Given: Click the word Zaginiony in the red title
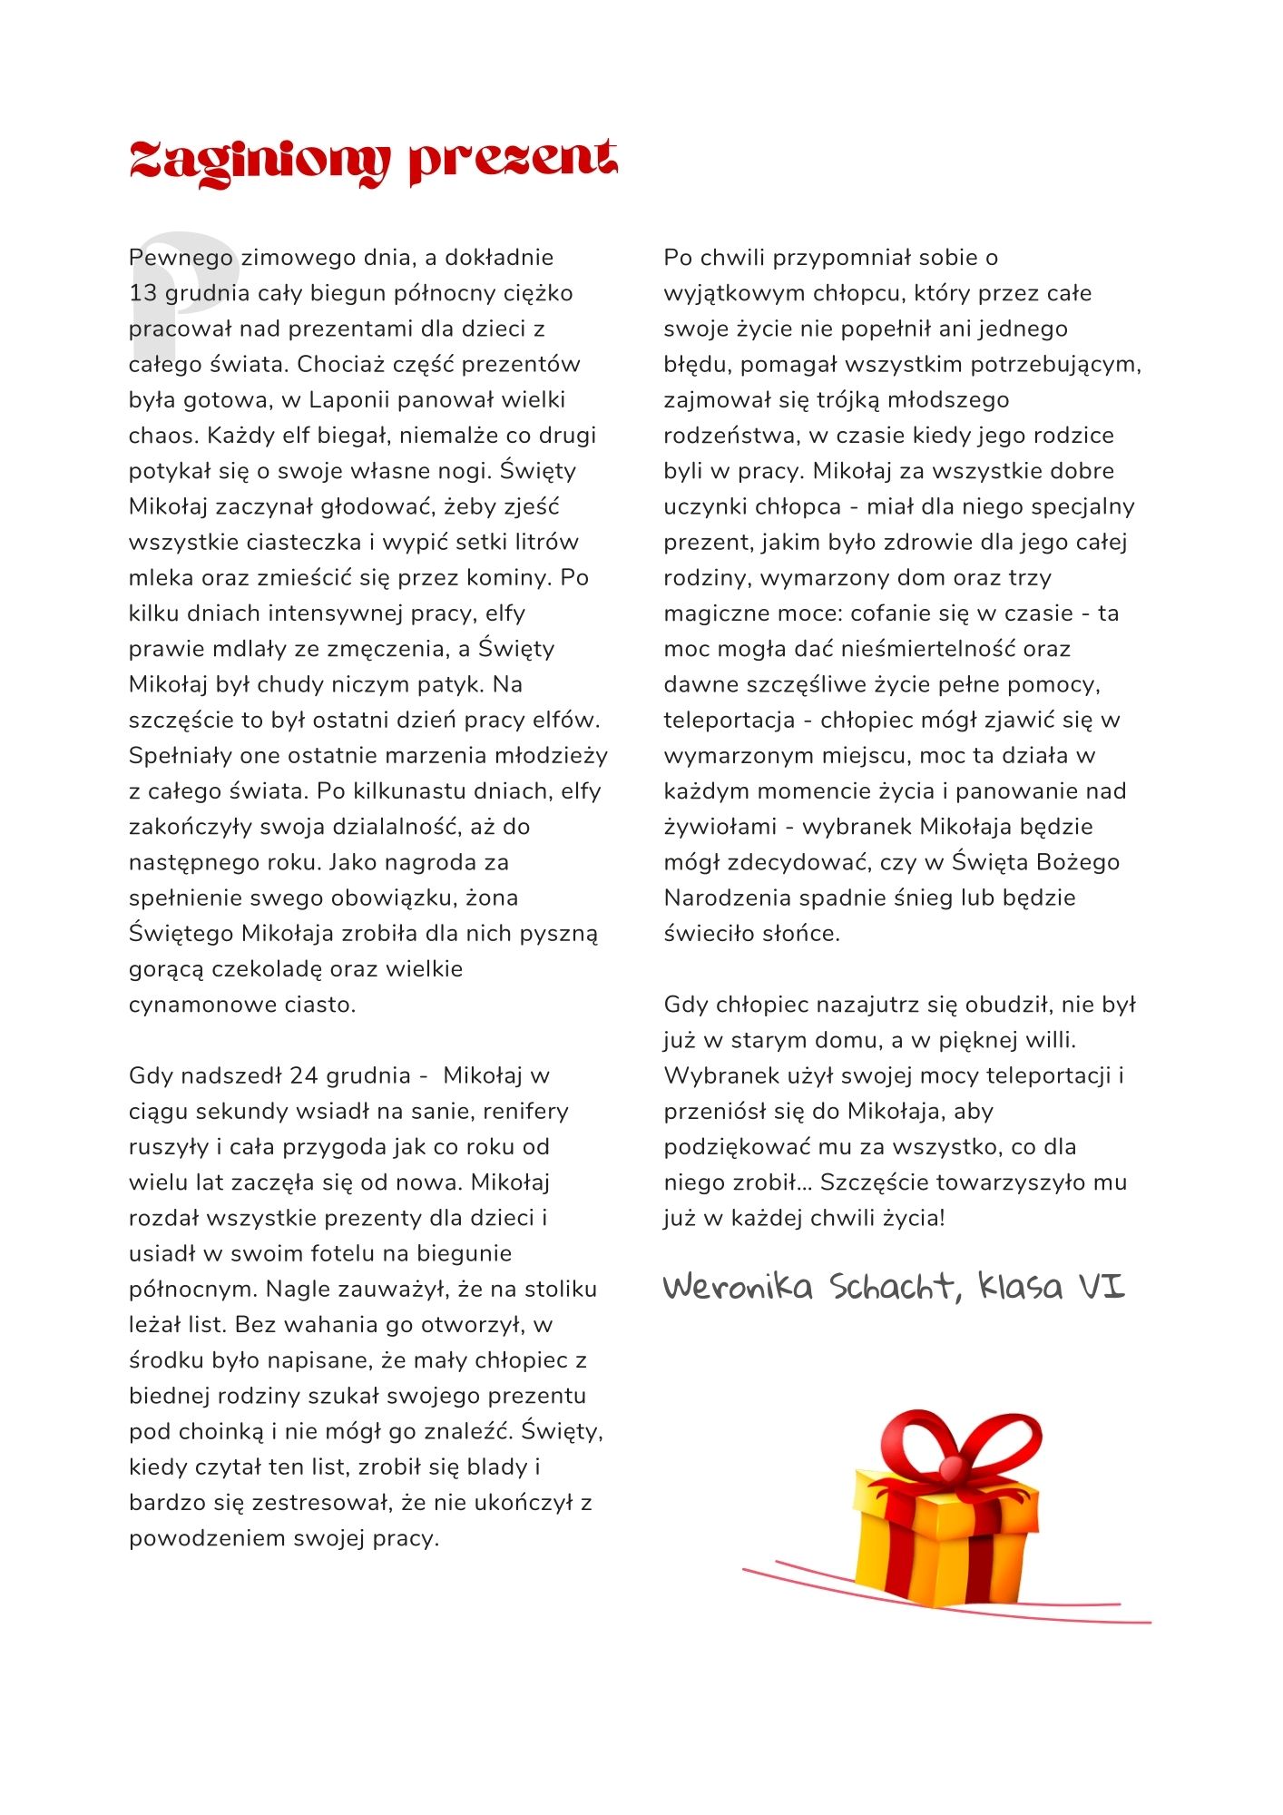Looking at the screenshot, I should point(259,162).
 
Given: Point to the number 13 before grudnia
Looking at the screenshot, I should point(142,293).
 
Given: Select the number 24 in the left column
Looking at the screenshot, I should point(303,1076).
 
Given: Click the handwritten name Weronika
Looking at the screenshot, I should point(737,1287).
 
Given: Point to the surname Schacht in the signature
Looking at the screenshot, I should point(893,1287).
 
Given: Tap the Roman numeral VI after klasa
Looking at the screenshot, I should point(1101,1287).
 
